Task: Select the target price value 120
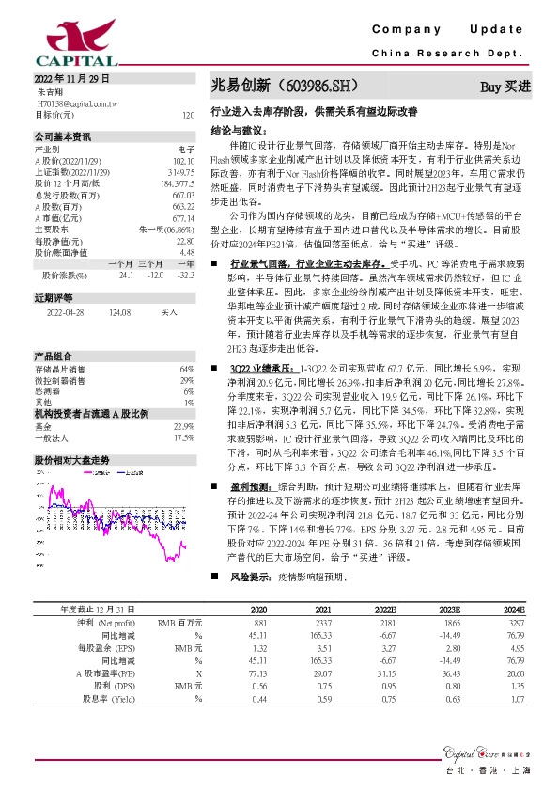[187, 115]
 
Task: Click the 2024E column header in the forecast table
[512, 610]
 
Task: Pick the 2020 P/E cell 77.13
[258, 674]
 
